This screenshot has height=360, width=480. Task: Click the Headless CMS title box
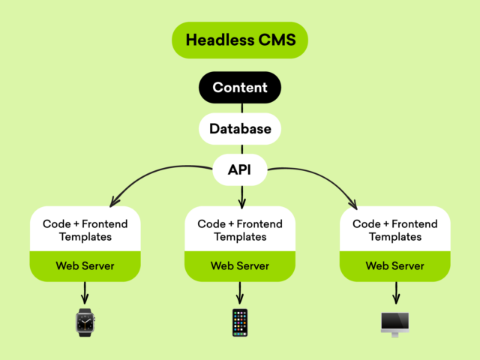click(x=240, y=40)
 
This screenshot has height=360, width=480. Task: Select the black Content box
click(x=240, y=88)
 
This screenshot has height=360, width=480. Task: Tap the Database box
click(x=240, y=129)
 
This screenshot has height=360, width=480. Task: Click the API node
click(x=240, y=170)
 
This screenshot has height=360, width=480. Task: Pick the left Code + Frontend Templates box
click(x=85, y=229)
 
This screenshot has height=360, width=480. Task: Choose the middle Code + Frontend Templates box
click(x=240, y=229)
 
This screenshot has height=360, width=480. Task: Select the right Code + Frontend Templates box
click(x=394, y=229)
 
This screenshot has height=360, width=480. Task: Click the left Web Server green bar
click(x=85, y=266)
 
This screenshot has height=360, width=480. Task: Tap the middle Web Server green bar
click(x=240, y=266)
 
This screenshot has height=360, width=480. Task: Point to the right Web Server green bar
click(x=394, y=266)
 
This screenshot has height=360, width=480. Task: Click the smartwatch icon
click(x=85, y=322)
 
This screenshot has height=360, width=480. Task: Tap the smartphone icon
click(x=240, y=322)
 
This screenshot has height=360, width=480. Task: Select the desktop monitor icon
click(x=394, y=323)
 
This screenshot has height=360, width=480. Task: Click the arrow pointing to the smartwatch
click(x=85, y=292)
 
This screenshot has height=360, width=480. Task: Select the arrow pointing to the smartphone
click(x=240, y=292)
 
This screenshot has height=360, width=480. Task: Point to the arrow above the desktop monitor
click(x=394, y=292)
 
